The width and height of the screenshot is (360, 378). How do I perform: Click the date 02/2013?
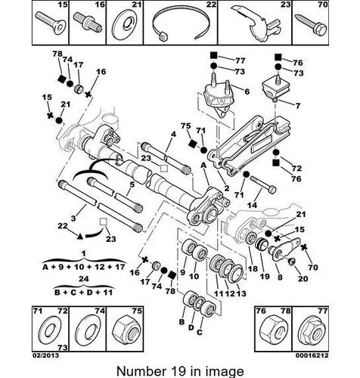[45, 355]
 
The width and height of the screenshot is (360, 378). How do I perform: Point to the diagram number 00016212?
[312, 355]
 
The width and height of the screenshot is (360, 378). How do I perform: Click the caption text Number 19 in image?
[180, 371]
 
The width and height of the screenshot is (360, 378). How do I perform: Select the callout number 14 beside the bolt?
[252, 205]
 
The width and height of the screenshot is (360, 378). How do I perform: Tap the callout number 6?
[247, 91]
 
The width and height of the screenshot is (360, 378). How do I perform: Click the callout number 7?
[298, 106]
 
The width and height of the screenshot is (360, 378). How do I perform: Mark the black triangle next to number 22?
[79, 236]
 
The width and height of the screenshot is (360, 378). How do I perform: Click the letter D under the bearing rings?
[191, 327]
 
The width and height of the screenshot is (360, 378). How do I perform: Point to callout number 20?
[303, 278]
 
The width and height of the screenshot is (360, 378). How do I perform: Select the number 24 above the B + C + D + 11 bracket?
[83, 279]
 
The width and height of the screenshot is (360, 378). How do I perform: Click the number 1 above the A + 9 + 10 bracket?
[84, 253]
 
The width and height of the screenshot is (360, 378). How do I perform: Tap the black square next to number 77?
[213, 55]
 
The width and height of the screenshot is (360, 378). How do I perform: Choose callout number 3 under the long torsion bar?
[73, 218]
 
